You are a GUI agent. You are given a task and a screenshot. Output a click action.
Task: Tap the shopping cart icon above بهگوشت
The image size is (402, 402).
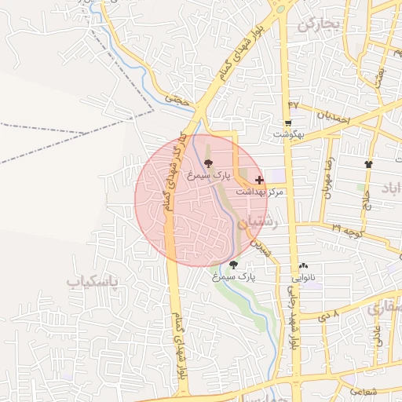click(288, 124)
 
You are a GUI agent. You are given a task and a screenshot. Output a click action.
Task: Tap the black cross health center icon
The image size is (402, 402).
click(260, 180)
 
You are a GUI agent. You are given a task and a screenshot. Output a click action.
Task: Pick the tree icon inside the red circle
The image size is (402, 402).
click(208, 164)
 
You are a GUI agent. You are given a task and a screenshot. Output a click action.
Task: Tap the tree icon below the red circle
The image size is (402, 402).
click(233, 265)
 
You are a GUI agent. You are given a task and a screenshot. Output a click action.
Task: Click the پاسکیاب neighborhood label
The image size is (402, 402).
click(92, 280)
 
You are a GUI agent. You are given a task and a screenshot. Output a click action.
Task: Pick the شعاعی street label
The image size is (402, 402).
click(360, 390)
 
